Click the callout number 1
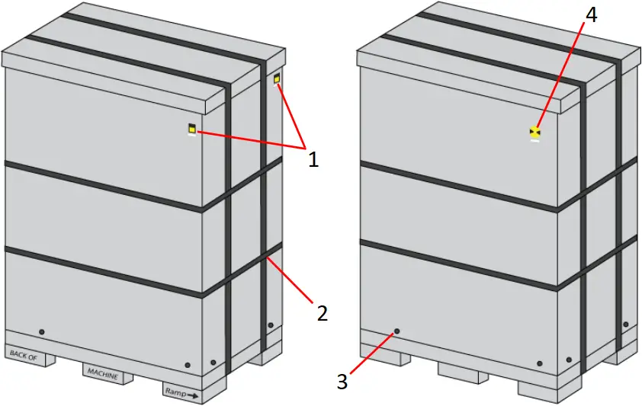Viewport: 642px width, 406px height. tap(312, 159)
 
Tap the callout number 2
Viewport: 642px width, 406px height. tap(322, 312)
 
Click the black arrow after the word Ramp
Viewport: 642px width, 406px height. tap(194, 395)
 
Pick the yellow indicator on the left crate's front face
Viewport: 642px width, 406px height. tap(192, 129)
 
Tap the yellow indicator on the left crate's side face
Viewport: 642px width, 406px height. tap(277, 79)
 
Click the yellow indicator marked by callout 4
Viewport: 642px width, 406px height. tap(535, 133)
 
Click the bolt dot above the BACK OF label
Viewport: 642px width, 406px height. tap(41, 332)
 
